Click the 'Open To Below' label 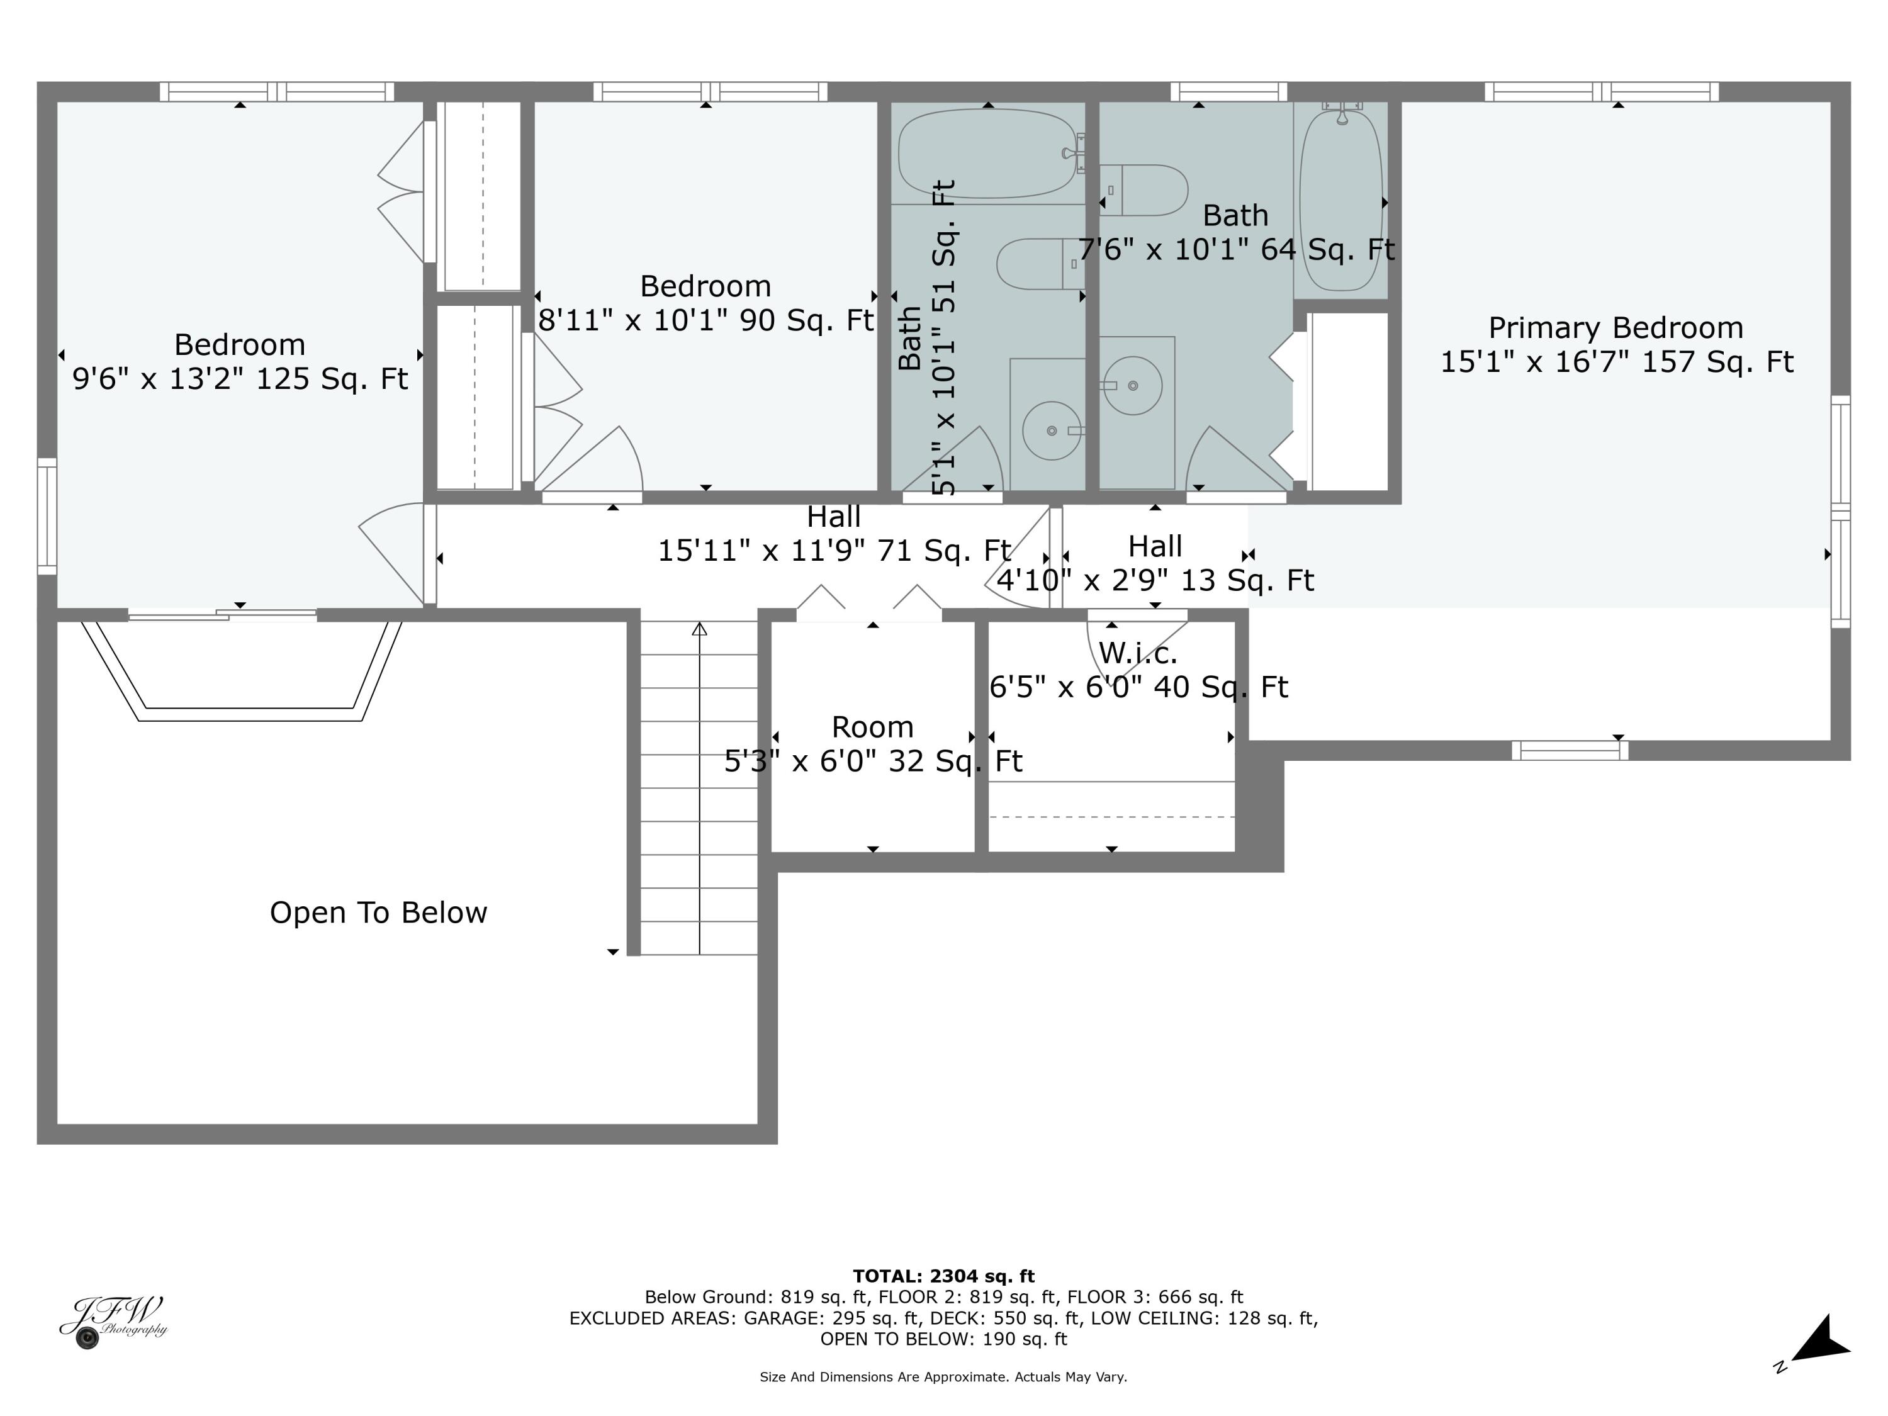tap(378, 913)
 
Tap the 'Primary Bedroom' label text tap(1615, 328)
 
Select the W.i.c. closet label tap(1138, 653)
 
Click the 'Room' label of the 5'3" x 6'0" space tap(872, 728)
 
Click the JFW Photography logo tap(112, 1321)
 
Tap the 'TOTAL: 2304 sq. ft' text tap(943, 1276)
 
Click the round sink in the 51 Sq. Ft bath tap(1052, 431)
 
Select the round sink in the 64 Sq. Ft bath tap(1133, 386)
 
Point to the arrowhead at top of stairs tap(699, 629)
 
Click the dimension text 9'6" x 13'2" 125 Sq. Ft tap(240, 378)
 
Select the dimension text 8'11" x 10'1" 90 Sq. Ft tap(706, 320)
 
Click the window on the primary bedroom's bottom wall tap(1570, 751)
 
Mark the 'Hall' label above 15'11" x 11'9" tap(834, 517)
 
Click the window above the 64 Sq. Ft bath tap(1228, 91)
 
